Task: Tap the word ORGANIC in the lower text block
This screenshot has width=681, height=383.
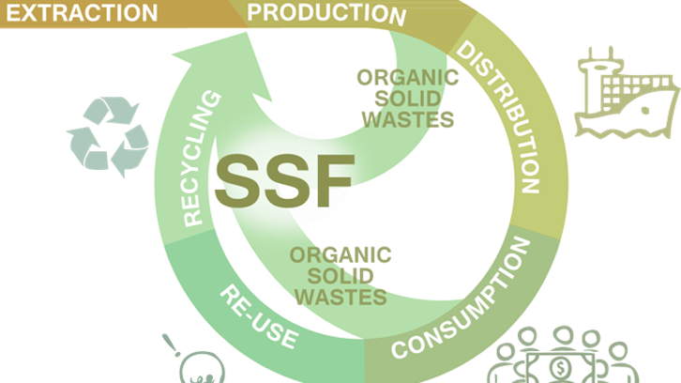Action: click(340, 254)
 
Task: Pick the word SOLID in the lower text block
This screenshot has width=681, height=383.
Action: click(340, 275)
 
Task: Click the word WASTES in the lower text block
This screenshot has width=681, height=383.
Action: click(340, 297)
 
